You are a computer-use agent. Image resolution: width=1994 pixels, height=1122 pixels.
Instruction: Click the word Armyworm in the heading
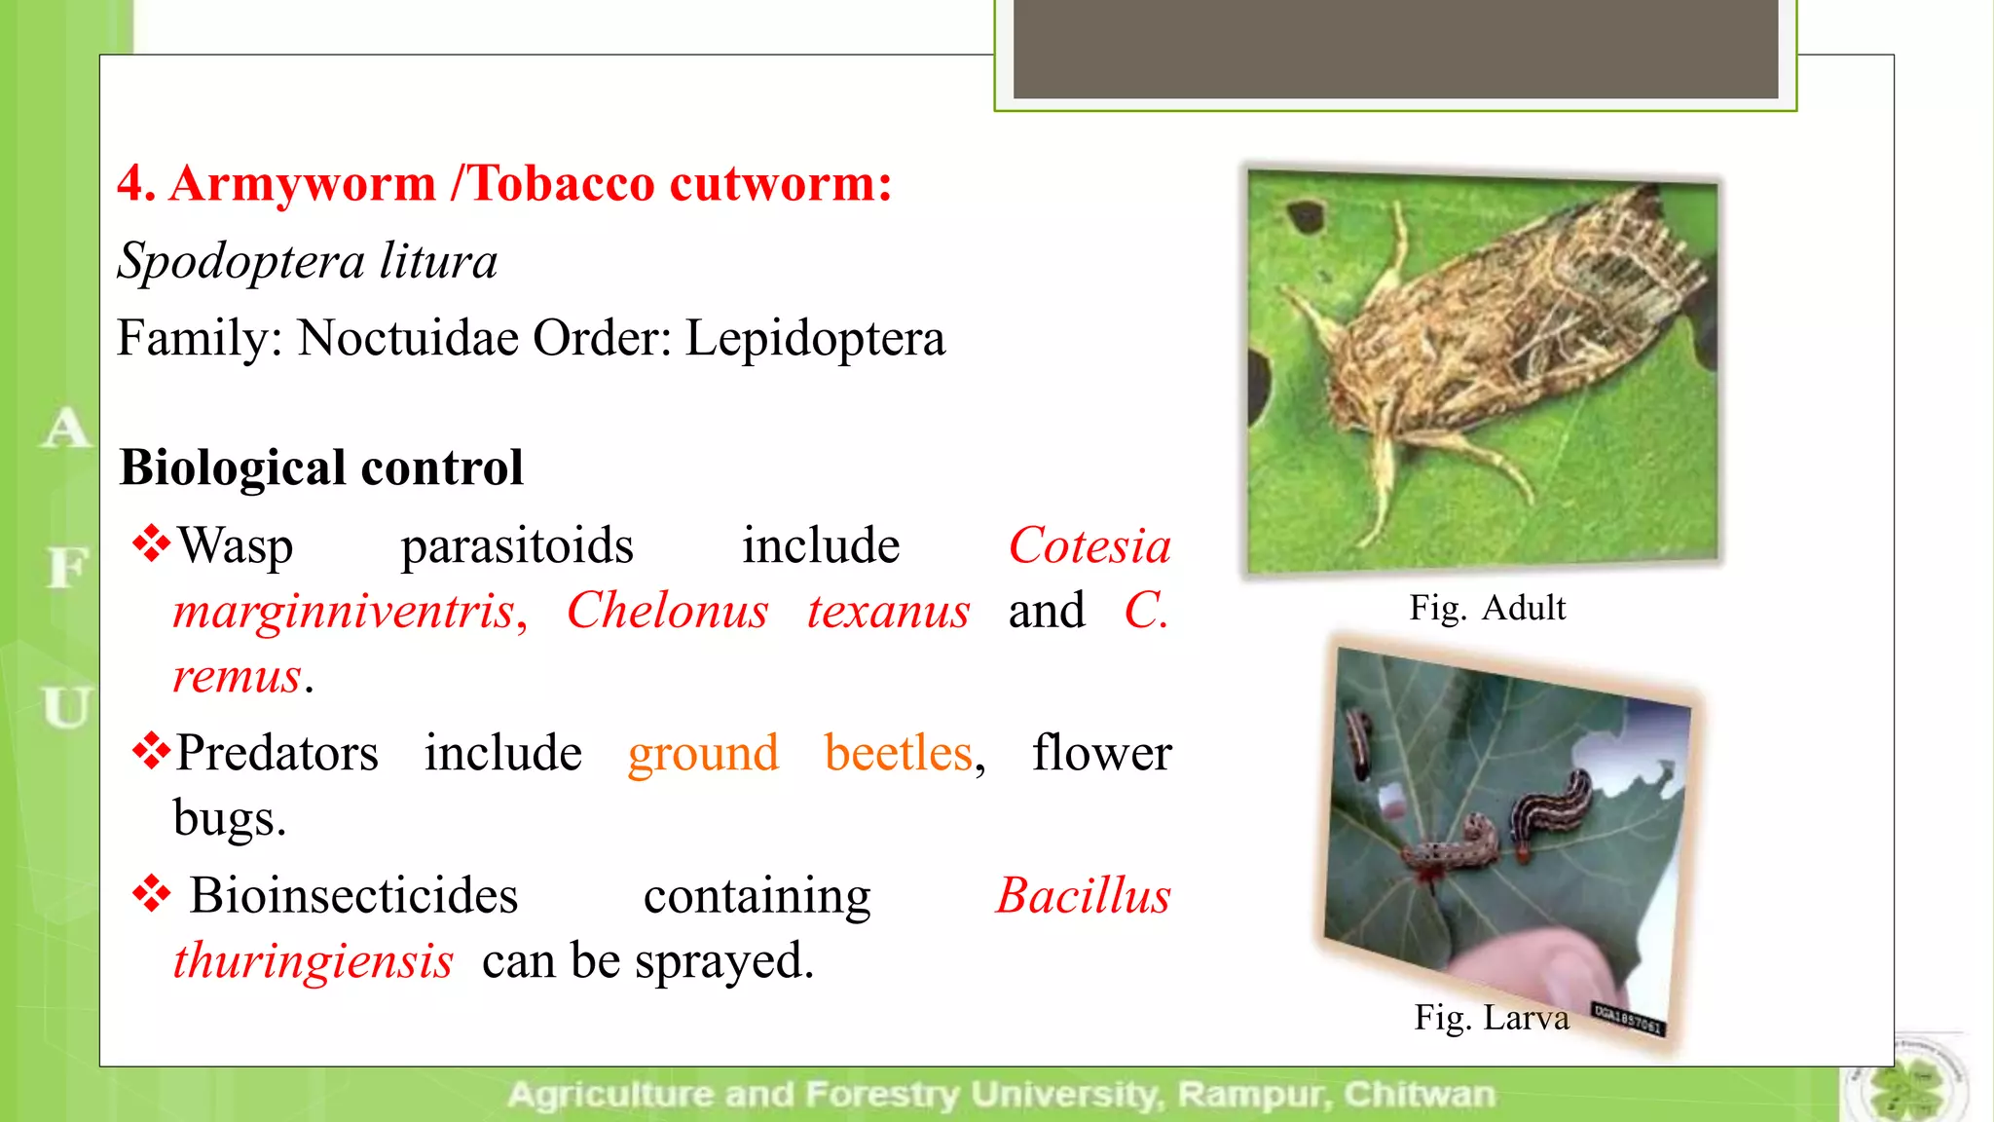click(x=302, y=184)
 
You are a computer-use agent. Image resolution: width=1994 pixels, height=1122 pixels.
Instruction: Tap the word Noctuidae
click(x=408, y=338)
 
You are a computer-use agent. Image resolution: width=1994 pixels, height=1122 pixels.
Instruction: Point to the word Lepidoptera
click(x=815, y=338)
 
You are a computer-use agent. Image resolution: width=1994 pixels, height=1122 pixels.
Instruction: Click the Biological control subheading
click(x=321, y=467)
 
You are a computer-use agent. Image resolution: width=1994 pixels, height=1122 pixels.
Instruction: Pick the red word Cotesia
click(x=1089, y=545)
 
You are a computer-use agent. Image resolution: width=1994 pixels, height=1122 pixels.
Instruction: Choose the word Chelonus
click(x=668, y=611)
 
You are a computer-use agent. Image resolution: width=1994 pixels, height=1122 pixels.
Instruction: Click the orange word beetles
click(x=899, y=753)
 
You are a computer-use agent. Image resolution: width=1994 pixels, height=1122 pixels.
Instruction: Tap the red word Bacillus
click(x=1083, y=895)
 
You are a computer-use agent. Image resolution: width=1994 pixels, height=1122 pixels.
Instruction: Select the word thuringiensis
click(x=313, y=960)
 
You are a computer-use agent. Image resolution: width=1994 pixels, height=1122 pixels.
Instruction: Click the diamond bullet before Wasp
click(x=151, y=543)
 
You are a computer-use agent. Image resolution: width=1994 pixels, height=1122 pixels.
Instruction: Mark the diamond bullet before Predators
click(x=151, y=751)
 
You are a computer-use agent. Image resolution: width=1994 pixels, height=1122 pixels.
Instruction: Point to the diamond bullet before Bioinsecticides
click(x=151, y=893)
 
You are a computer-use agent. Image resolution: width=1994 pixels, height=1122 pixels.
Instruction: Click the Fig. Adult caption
click(x=1487, y=608)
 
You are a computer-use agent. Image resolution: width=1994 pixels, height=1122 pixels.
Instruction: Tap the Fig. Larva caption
click(x=1491, y=1018)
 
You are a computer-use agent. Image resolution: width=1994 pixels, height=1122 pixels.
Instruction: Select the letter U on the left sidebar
click(x=66, y=706)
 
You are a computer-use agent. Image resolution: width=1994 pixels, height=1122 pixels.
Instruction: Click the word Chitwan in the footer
click(x=1419, y=1095)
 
